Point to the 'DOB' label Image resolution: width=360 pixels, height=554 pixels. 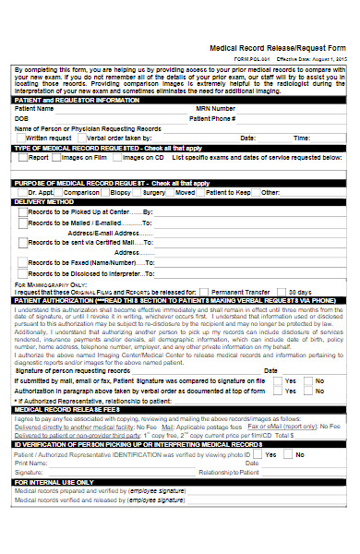22,118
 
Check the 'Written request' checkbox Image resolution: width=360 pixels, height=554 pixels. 21,138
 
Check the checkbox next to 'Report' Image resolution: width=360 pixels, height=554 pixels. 21,158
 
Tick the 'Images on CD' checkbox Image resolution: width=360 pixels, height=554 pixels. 122,158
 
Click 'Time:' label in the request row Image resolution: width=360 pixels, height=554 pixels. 302,138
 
